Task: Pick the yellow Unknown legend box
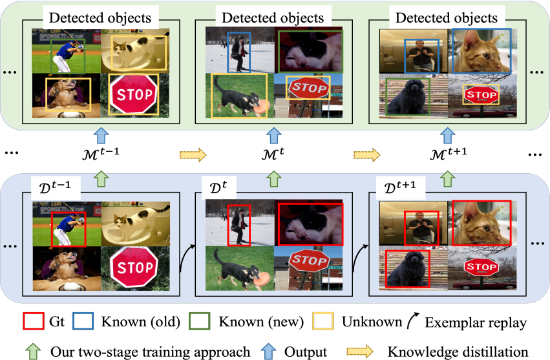click(323, 322)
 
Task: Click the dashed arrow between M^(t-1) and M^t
click(192, 155)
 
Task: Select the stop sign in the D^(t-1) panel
click(134, 261)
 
